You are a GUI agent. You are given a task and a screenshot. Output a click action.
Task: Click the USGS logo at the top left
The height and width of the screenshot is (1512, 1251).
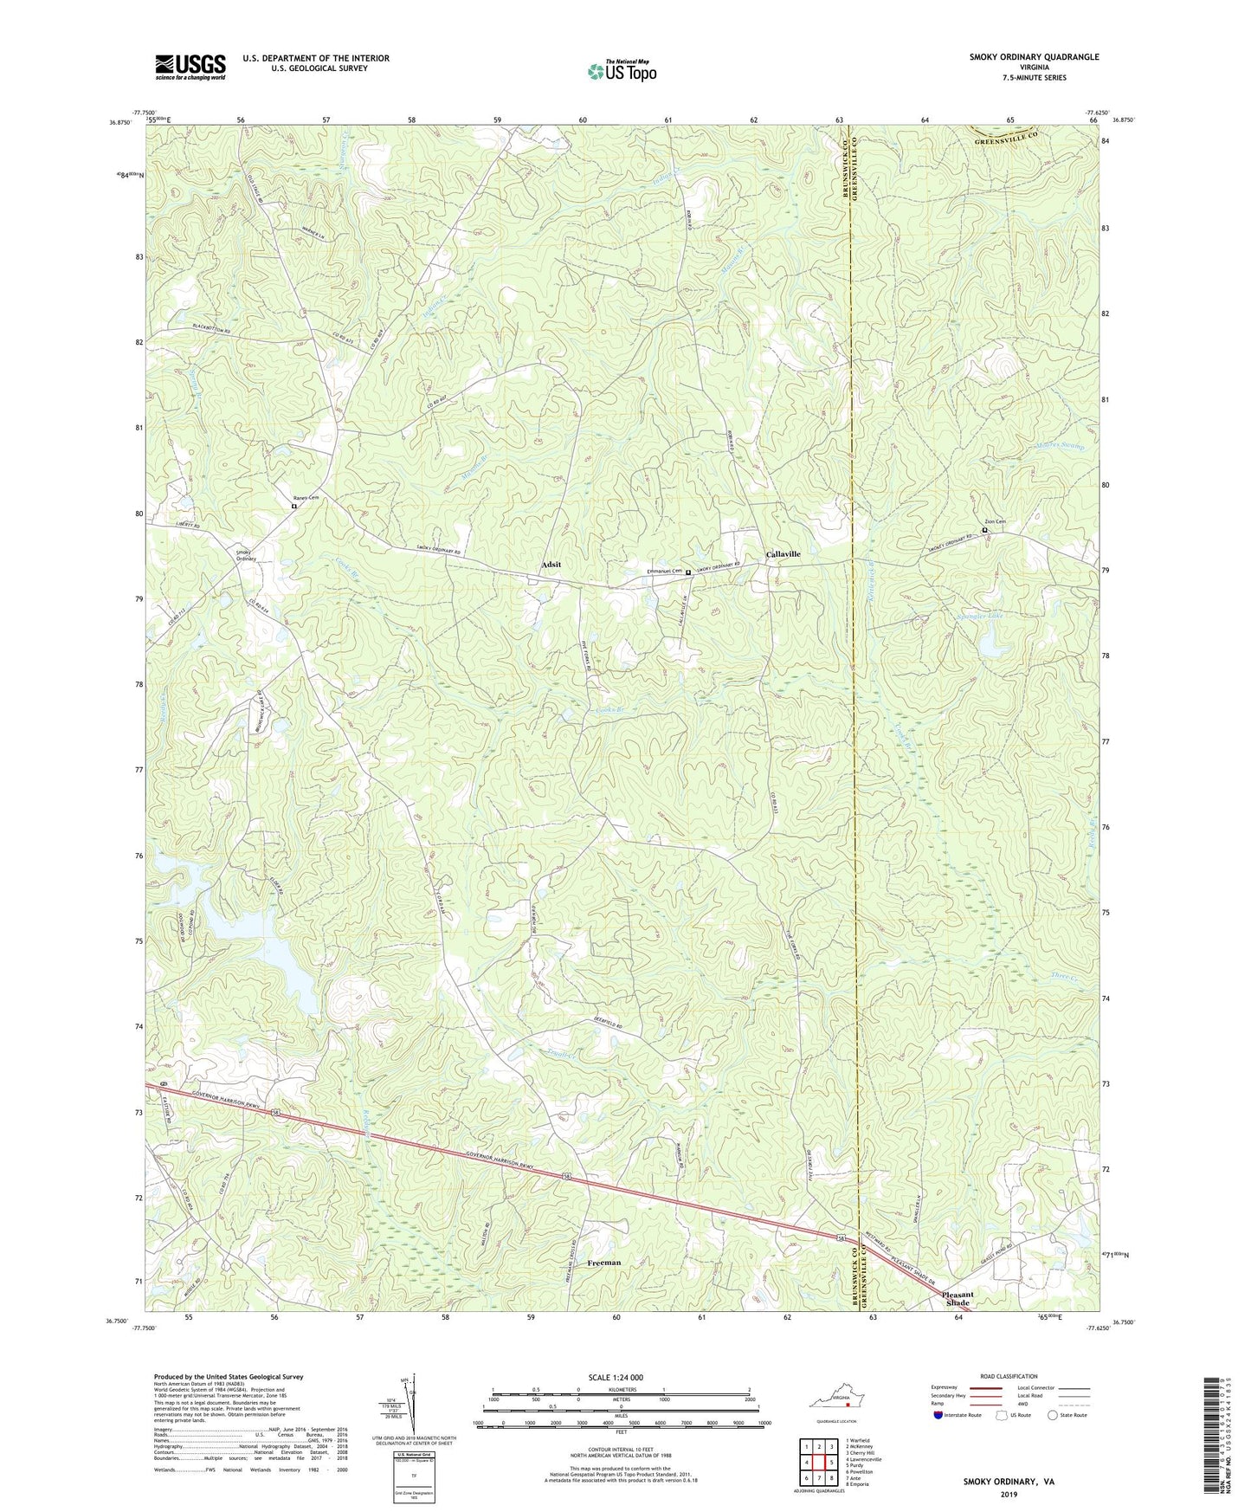(190, 67)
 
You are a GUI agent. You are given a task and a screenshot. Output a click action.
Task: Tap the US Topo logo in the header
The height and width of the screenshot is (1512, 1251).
(621, 71)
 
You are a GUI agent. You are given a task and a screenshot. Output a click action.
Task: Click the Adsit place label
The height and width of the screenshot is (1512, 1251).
(551, 565)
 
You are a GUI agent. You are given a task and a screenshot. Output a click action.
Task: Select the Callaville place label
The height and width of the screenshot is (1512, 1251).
(783, 554)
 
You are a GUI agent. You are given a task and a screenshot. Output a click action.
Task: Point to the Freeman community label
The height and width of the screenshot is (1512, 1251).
(603, 1263)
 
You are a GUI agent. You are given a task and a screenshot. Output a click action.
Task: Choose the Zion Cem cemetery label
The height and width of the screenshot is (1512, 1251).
(995, 522)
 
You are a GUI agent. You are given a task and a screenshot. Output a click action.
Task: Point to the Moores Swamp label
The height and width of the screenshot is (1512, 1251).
(1060, 446)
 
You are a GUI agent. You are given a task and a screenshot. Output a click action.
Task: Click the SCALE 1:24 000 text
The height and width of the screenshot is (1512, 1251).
(616, 1378)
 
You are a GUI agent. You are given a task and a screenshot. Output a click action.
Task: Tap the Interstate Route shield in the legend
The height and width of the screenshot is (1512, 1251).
(939, 1415)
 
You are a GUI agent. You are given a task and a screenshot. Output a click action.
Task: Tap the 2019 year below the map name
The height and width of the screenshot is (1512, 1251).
(1009, 1495)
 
